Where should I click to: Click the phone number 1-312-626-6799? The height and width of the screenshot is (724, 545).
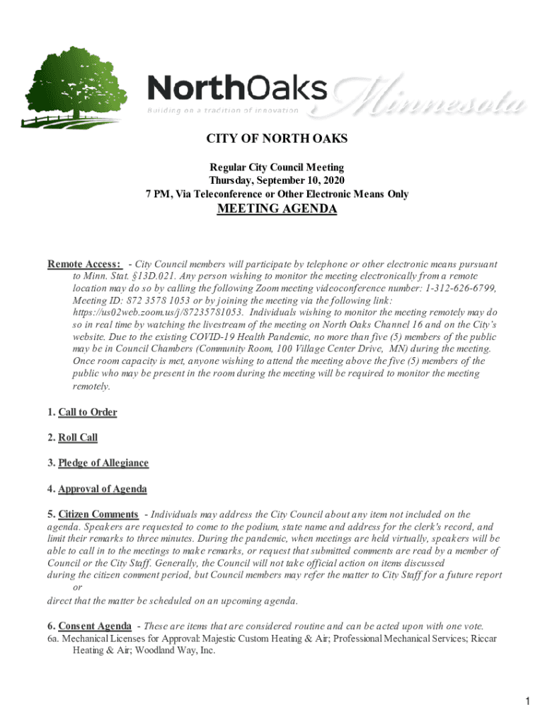[456, 288]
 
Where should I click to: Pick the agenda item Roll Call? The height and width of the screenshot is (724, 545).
[78, 438]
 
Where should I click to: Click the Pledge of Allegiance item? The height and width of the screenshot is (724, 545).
[103, 463]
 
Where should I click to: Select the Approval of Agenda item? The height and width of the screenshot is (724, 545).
[103, 489]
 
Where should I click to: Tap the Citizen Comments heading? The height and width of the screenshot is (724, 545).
[98, 514]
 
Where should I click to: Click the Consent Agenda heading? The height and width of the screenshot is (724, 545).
[94, 626]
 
